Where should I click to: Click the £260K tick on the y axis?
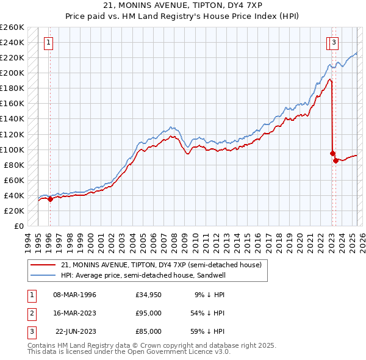pos(12,27)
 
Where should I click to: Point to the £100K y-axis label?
pos(12,149)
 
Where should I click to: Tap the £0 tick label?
pos(18,226)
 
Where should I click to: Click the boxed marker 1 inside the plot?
pos(48,43)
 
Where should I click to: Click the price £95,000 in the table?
pos(149,313)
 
